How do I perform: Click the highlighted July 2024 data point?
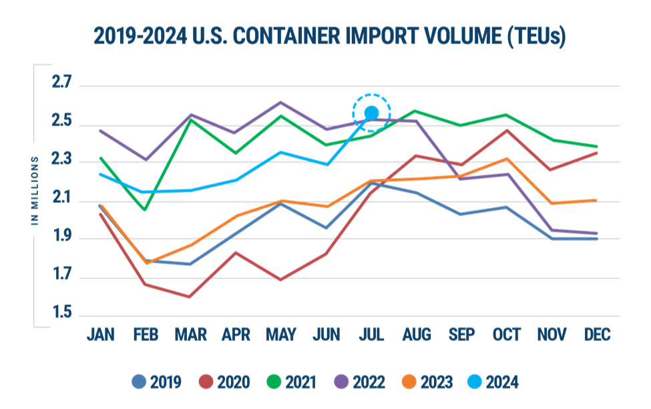[x=371, y=113]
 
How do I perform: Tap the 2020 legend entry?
[x=224, y=382]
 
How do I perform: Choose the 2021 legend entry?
[x=292, y=382]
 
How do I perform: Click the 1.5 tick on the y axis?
[x=61, y=313]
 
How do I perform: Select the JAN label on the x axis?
[x=100, y=334]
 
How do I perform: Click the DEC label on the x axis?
[x=598, y=334]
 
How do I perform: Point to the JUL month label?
[x=371, y=334]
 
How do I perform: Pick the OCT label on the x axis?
[x=507, y=334]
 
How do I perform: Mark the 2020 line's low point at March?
[x=191, y=297]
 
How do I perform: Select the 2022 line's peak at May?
[x=280, y=101]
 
